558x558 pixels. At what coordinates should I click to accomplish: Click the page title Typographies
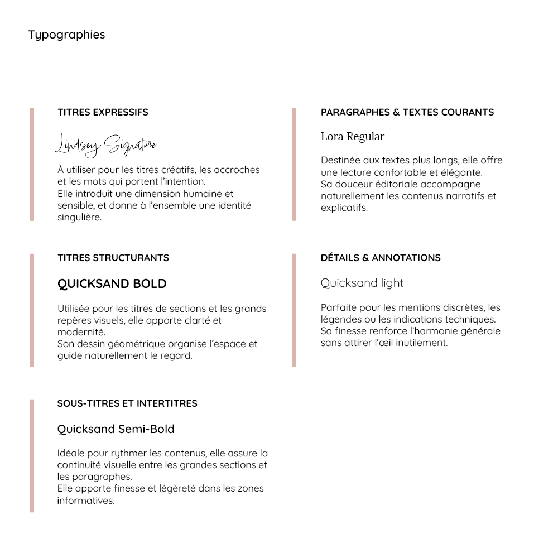click(66, 35)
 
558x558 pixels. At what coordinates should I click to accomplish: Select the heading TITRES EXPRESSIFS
click(103, 112)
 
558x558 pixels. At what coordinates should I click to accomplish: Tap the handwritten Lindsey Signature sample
click(106, 145)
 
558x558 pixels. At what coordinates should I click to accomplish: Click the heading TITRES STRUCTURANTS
click(113, 258)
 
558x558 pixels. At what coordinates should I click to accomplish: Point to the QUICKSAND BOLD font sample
click(112, 283)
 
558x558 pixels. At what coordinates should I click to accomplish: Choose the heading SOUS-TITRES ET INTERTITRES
click(127, 403)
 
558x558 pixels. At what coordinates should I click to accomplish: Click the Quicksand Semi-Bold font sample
click(116, 429)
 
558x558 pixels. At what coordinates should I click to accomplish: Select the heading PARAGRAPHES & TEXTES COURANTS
click(407, 112)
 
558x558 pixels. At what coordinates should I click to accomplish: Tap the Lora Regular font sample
click(353, 137)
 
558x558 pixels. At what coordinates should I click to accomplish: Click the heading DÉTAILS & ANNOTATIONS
click(381, 258)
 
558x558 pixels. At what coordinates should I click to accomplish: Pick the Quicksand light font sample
click(362, 283)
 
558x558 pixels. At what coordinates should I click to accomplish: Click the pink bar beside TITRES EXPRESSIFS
click(32, 165)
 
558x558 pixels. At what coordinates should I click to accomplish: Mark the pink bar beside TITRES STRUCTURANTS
click(32, 310)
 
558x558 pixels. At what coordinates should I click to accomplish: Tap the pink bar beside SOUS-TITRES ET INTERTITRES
click(32, 456)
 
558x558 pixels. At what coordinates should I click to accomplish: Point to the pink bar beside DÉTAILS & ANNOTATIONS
click(294, 310)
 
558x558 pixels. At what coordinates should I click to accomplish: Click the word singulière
click(79, 218)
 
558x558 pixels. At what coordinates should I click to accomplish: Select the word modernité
click(78, 332)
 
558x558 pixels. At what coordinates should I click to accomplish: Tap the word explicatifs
click(344, 208)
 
